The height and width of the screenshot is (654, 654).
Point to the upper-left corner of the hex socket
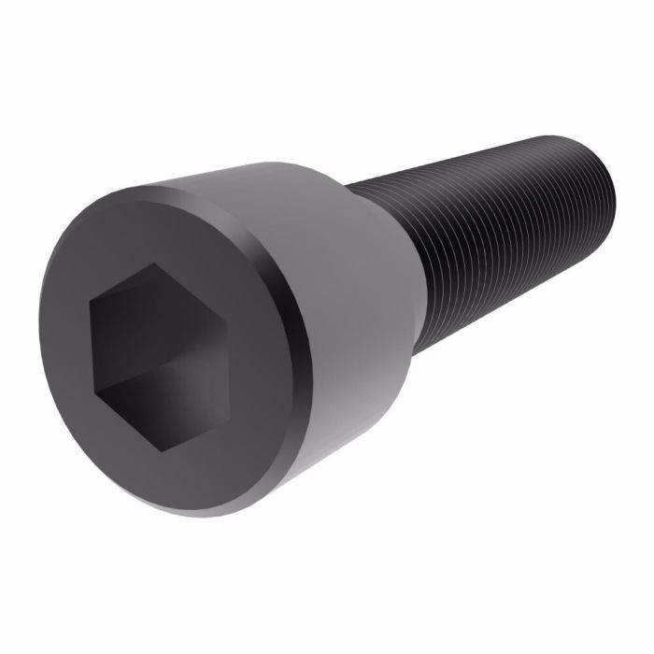click(92, 301)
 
